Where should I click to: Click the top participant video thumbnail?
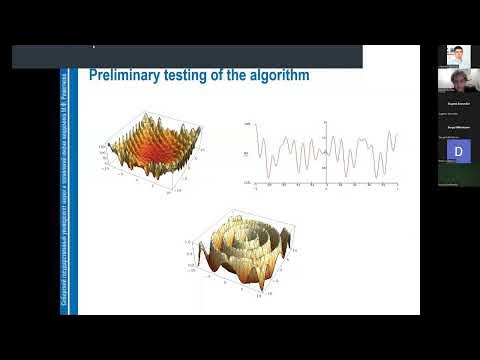[458, 56]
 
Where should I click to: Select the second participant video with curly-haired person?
[458, 83]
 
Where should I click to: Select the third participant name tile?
[458, 104]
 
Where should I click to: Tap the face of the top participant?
[457, 53]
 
